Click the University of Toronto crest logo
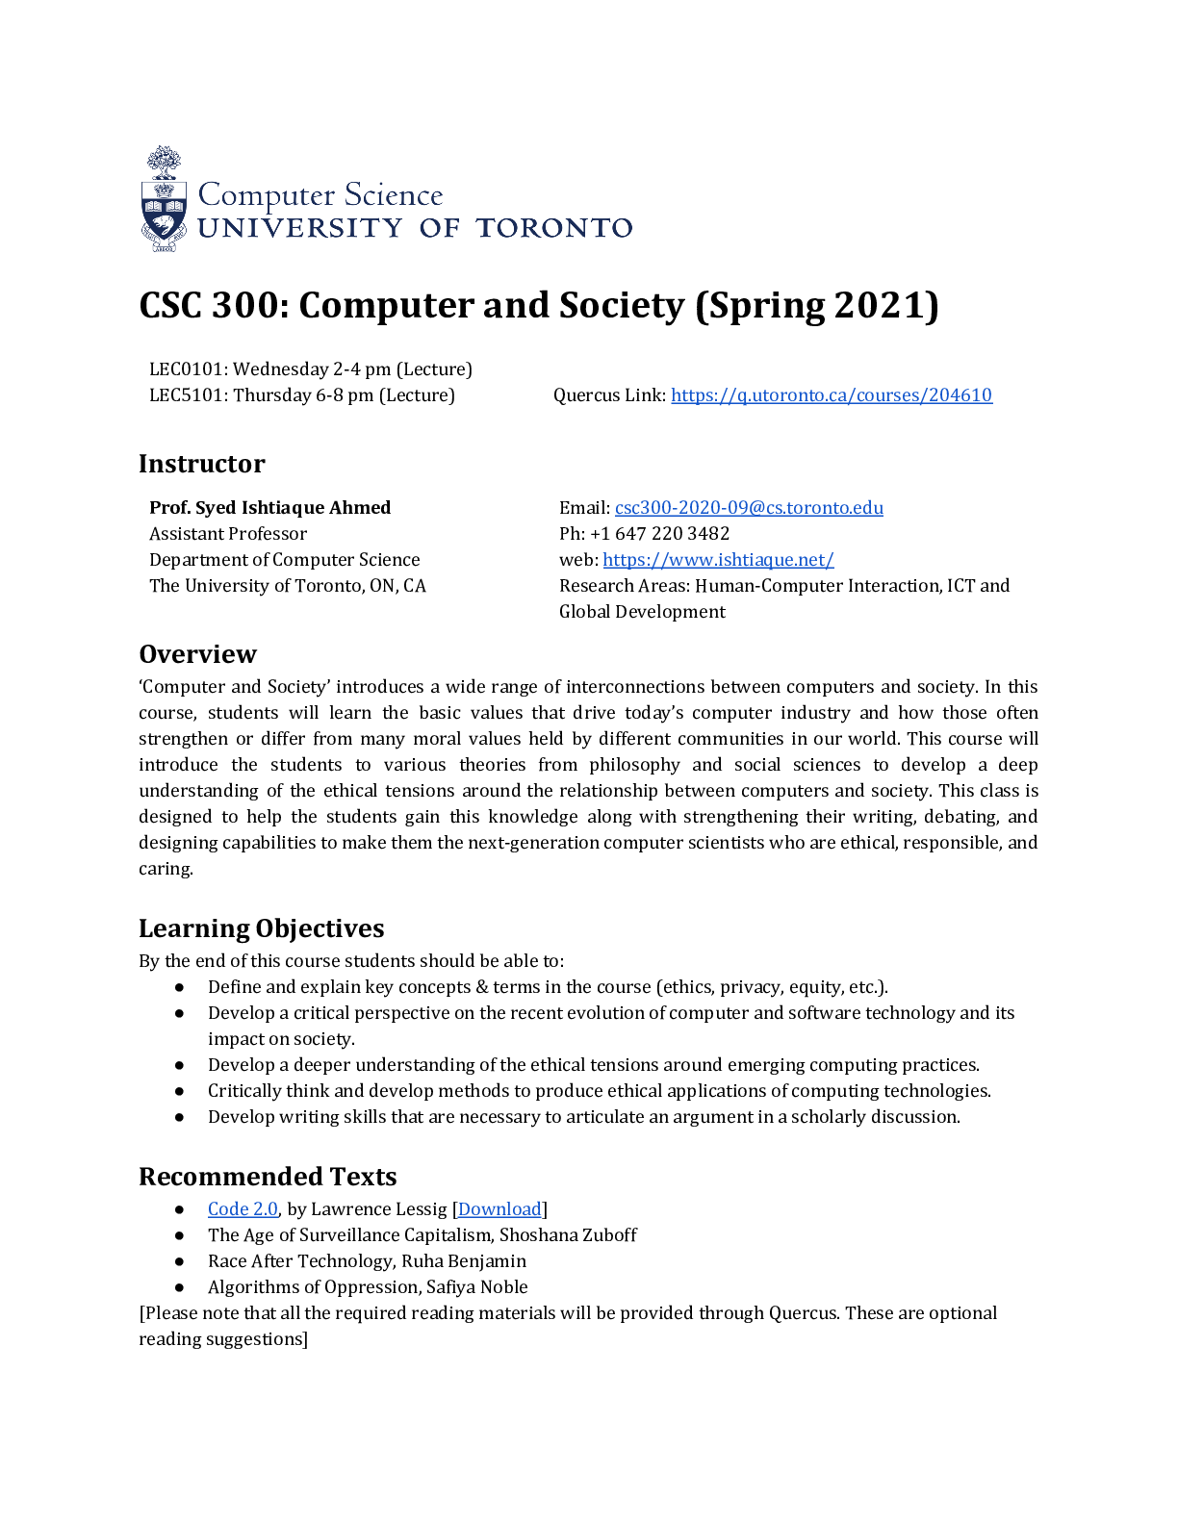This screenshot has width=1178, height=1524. pyautogui.click(x=164, y=200)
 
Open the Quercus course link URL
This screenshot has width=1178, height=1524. pyautogui.click(x=831, y=395)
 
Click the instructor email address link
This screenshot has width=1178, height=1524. pyautogui.click(x=749, y=508)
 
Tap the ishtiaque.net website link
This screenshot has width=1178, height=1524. pyautogui.click(x=718, y=560)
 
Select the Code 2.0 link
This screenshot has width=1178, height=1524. pyautogui.click(x=243, y=1209)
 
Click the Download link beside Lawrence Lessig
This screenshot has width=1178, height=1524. pyautogui.click(x=499, y=1209)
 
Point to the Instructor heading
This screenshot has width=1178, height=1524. pyautogui.click(x=201, y=464)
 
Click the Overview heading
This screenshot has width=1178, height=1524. pyautogui.click(x=197, y=654)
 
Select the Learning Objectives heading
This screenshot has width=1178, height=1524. pyautogui.click(x=261, y=928)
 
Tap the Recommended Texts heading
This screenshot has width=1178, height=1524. pyautogui.click(x=268, y=1177)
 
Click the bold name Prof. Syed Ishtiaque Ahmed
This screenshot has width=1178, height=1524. pyautogui.click(x=269, y=508)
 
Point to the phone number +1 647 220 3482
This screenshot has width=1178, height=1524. pyautogui.click(x=659, y=534)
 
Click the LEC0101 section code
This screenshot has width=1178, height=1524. pyautogui.click(x=187, y=369)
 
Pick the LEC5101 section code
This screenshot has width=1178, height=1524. pyautogui.click(x=187, y=395)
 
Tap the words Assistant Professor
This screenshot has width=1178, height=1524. pyautogui.click(x=228, y=534)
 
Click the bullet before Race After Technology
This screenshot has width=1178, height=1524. pyautogui.click(x=179, y=1261)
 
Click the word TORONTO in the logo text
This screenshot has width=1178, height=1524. pyautogui.click(x=554, y=228)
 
